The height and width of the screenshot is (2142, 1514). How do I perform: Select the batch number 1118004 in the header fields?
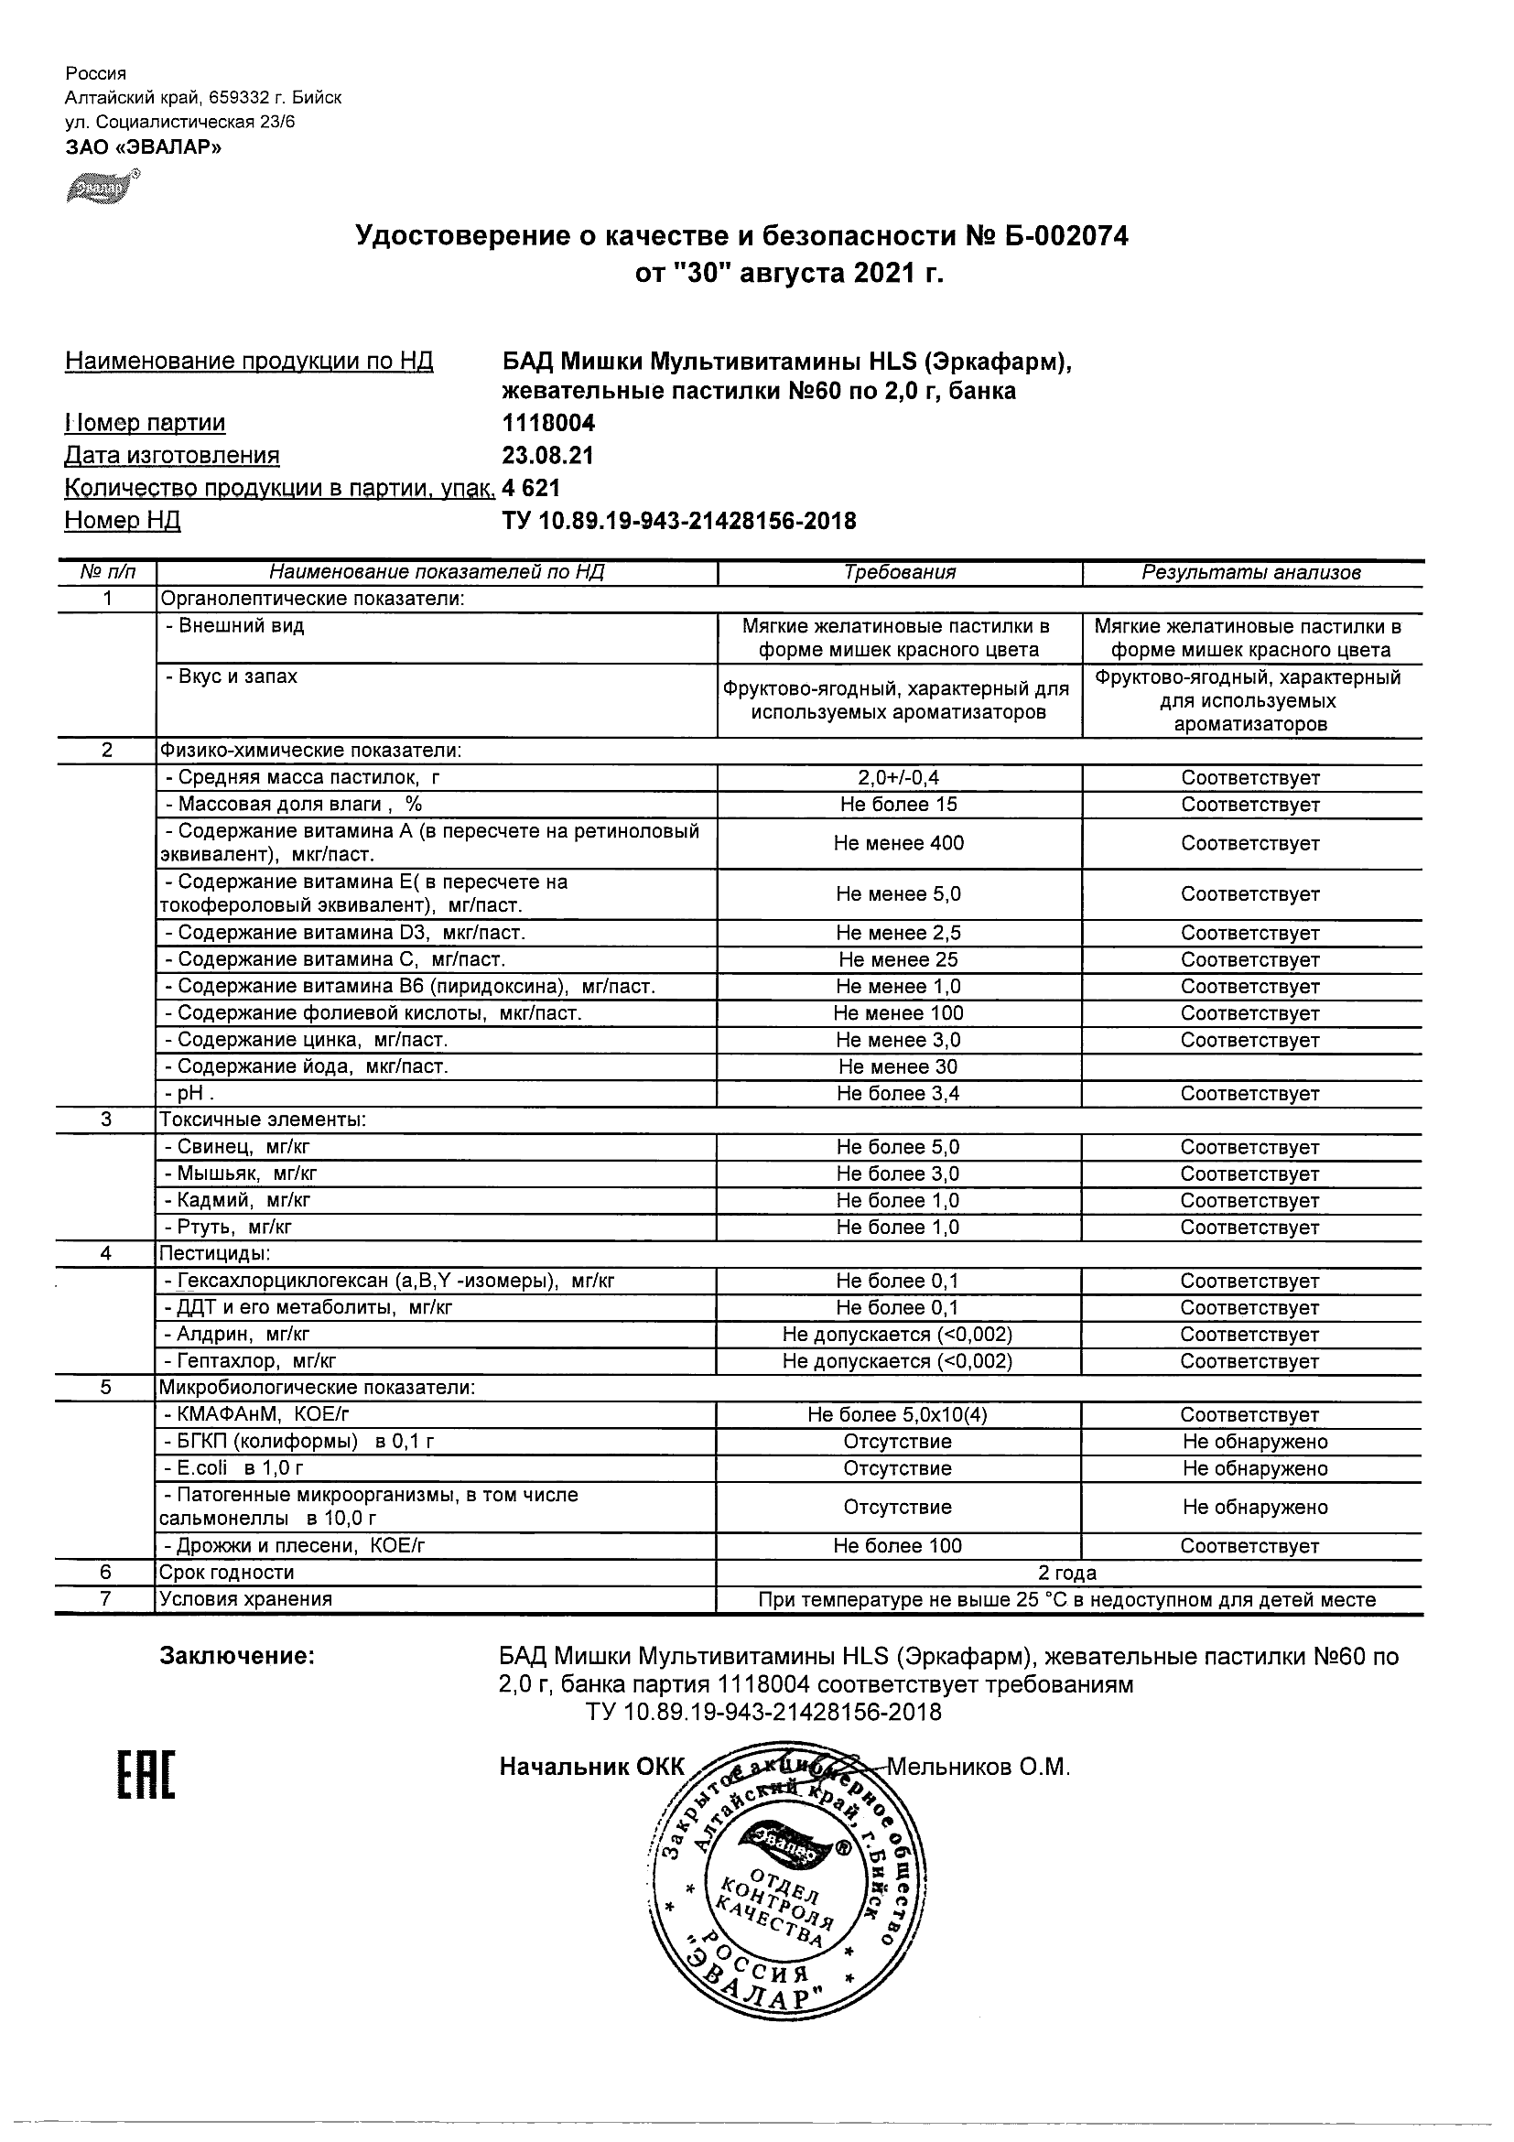548,424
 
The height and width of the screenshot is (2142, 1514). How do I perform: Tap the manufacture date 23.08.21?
547,456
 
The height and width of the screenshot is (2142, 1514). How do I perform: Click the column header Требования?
899,573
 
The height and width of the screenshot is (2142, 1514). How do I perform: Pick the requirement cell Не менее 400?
898,843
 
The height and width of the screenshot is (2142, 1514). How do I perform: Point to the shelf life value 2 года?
1068,1573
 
